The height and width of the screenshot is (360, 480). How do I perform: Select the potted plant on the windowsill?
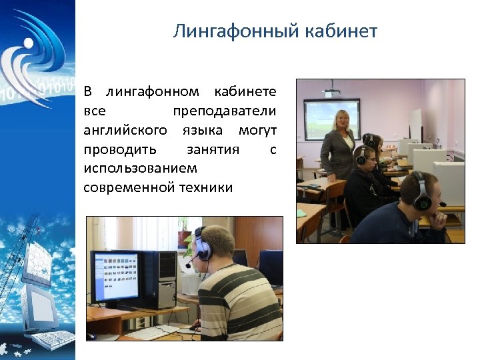185,235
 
